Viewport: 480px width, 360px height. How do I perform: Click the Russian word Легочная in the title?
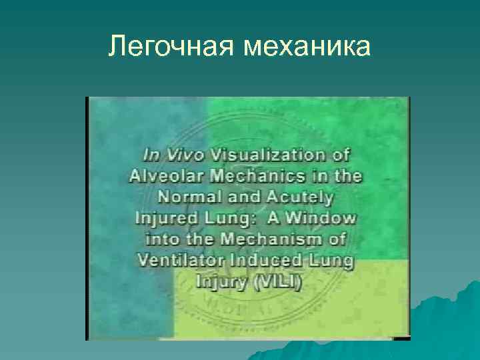(171, 47)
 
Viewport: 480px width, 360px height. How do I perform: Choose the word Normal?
(195, 198)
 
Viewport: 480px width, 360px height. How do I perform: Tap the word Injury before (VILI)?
(219, 282)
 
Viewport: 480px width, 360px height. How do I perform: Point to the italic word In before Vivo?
(153, 155)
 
